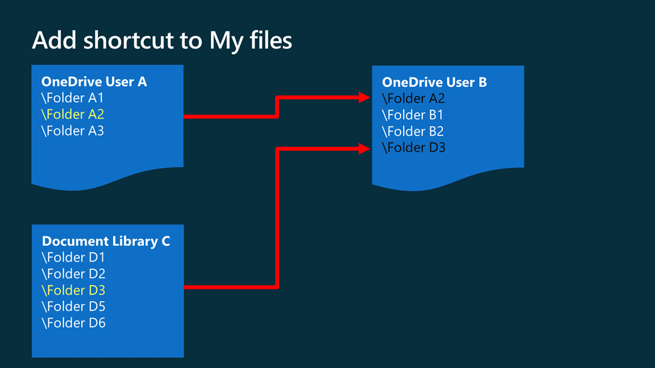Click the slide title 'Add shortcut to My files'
162,41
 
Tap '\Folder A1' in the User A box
72,98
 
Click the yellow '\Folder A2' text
72,114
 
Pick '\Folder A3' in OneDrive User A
72,131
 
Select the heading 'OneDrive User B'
434,82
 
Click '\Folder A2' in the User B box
413,98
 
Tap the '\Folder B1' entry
413,115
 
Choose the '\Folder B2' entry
413,132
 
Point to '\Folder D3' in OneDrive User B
413,148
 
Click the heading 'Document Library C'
106,241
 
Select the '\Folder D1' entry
73,257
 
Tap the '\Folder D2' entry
73,274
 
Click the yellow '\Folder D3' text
73,291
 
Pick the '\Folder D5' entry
73,307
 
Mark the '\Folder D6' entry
73,323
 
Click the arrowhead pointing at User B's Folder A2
364,98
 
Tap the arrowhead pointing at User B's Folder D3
364,149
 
